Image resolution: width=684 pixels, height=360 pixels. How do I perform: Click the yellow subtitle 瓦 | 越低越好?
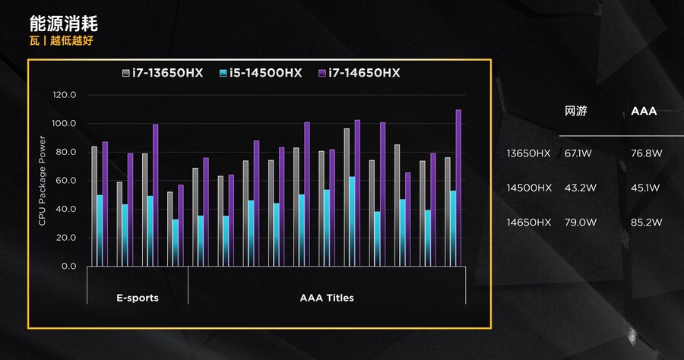click(62, 40)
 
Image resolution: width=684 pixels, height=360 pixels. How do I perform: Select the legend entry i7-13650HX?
click(163, 73)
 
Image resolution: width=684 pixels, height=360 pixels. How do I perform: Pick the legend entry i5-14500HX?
click(260, 73)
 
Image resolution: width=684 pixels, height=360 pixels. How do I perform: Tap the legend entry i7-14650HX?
click(358, 73)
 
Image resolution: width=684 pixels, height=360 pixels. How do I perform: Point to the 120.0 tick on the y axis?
click(65, 95)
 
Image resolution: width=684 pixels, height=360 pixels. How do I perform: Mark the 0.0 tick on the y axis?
click(69, 267)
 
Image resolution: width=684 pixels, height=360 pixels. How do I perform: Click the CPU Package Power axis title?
click(43, 181)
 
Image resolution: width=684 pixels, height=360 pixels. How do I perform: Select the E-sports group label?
click(138, 298)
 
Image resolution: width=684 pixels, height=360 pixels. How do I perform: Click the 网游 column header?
click(575, 111)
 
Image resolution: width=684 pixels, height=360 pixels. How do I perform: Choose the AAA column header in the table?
click(644, 111)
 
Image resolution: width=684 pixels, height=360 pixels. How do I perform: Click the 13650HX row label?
click(529, 153)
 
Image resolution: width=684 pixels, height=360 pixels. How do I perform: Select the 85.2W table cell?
click(647, 223)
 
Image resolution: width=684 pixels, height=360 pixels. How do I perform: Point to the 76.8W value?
click(647, 153)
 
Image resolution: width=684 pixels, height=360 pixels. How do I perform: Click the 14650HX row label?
click(529, 223)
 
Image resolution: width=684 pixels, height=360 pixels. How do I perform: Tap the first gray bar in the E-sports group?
click(94, 206)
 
